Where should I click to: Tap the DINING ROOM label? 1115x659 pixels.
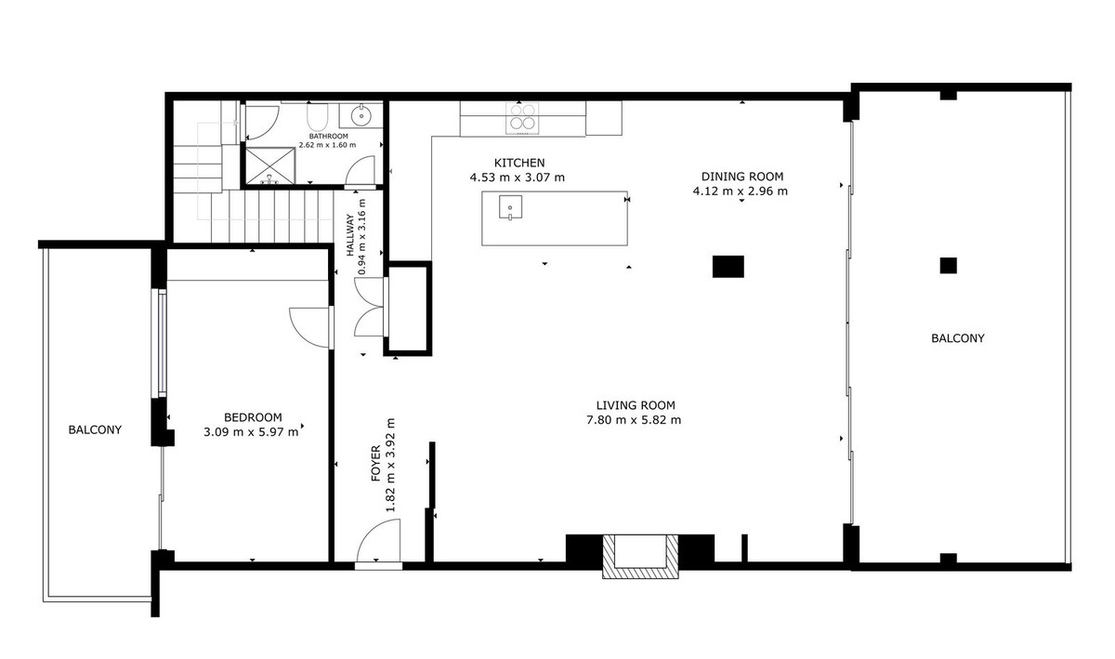coord(742,176)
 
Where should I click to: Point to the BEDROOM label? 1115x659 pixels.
coord(252,417)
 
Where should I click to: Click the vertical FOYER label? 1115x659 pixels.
coord(376,463)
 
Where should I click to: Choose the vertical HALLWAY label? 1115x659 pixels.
coord(350,236)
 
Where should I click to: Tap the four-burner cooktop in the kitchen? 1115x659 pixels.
coord(521,118)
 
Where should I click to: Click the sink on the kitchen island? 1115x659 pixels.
coord(509,207)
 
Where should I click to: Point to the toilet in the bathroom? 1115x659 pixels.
coord(316,116)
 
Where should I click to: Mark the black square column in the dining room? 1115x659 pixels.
coord(728,267)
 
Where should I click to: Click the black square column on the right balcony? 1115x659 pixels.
coord(947,266)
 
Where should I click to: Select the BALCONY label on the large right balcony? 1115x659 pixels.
coord(957,338)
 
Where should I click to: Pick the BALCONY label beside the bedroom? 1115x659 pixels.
coord(95,429)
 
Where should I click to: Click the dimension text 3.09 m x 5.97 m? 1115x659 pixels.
coord(251,431)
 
